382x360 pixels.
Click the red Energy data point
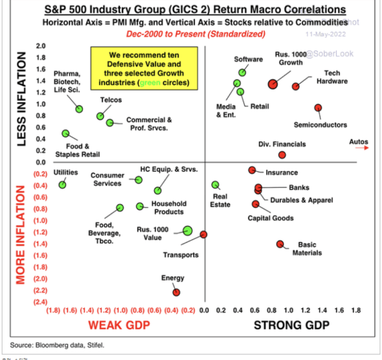click(x=176, y=292)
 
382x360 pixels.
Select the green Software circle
click(x=242, y=72)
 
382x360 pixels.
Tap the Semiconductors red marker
click(x=318, y=108)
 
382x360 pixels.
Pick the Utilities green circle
click(x=62, y=184)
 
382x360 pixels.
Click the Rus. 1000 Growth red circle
click(x=273, y=84)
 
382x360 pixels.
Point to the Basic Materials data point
click(x=280, y=244)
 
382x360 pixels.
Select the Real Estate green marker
click(x=215, y=185)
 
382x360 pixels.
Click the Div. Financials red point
click(x=282, y=155)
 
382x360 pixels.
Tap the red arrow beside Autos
click(x=362, y=148)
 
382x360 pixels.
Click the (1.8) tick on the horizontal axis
click(x=53, y=310)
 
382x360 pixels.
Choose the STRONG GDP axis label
click(x=291, y=325)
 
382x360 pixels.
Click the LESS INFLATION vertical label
click(x=21, y=100)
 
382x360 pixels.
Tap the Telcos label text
click(x=111, y=100)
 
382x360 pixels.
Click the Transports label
click(x=181, y=255)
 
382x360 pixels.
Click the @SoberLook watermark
click(x=330, y=54)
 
